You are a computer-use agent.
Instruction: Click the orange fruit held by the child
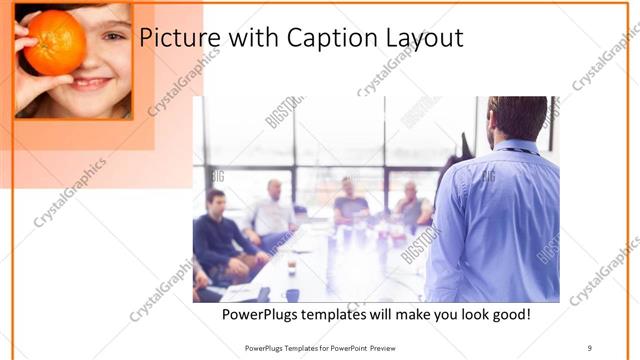[x=55, y=42]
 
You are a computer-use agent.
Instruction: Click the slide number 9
[x=590, y=347]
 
